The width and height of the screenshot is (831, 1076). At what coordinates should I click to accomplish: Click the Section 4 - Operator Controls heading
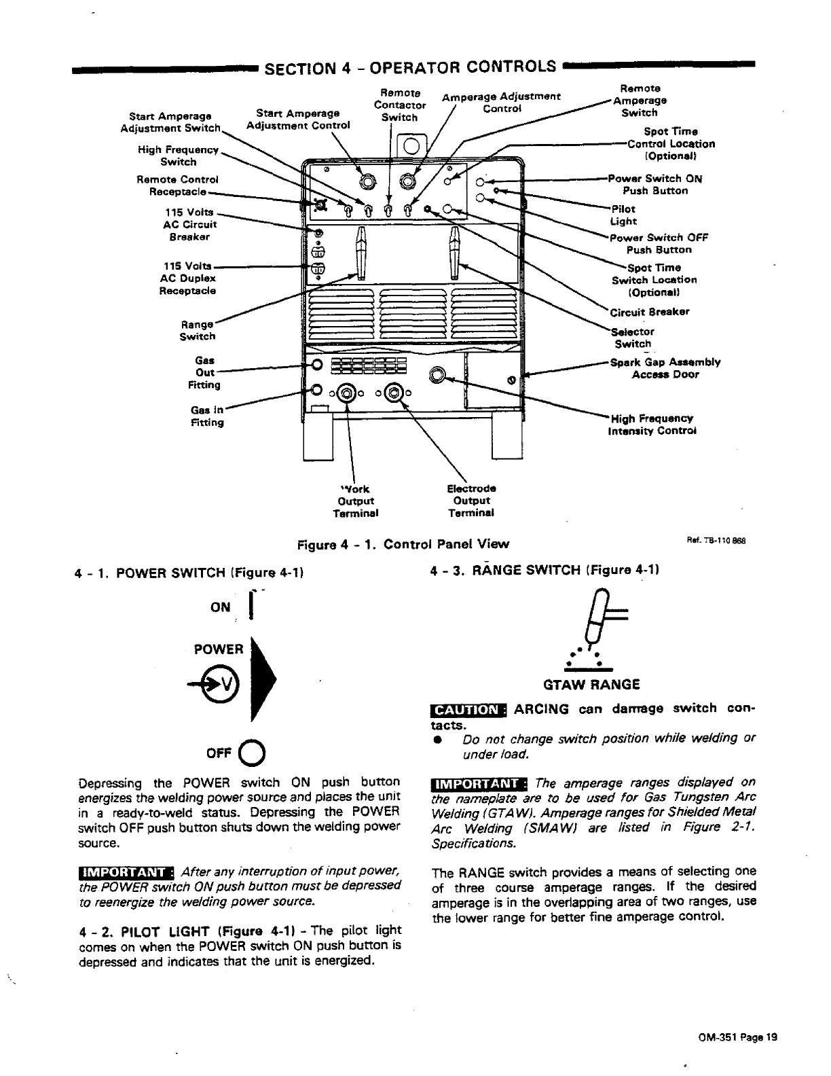coord(410,68)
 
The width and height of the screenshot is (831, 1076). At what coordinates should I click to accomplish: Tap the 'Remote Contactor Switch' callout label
coord(400,105)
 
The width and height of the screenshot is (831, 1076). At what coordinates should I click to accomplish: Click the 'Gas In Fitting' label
coord(207,416)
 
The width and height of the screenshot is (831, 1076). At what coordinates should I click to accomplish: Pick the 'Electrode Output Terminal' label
coord(471,501)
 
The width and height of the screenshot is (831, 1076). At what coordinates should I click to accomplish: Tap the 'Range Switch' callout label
coord(197,330)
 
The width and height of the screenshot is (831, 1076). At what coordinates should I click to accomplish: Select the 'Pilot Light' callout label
coord(623,215)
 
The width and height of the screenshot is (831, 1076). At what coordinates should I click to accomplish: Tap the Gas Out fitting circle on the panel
coord(316,366)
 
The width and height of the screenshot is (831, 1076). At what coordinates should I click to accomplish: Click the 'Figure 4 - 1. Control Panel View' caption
coord(403,544)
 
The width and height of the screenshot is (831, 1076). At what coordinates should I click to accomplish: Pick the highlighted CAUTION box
coord(468,710)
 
